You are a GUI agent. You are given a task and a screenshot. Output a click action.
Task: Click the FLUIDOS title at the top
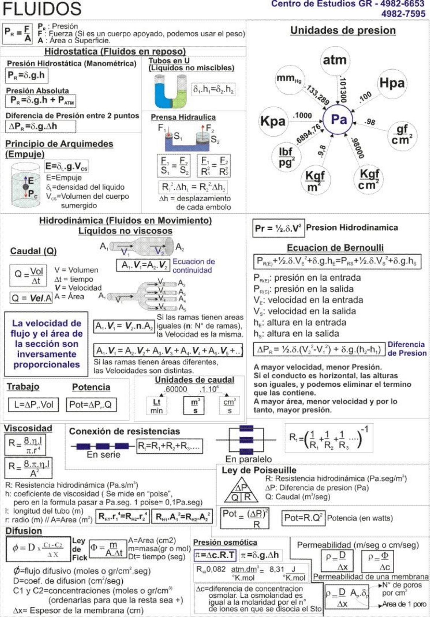click(42, 9)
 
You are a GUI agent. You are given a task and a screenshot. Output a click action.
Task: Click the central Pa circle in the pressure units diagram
click(338, 120)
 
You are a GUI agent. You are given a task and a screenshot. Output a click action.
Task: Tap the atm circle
click(334, 60)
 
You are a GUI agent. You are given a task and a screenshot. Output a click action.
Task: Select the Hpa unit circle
click(392, 83)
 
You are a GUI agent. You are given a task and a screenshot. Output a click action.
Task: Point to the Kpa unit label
click(273, 121)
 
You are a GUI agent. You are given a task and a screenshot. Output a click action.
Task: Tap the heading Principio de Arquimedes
click(59, 144)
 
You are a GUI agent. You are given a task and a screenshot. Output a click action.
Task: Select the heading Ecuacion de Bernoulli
click(335, 248)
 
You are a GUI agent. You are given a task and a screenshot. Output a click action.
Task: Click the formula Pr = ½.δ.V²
click(278, 228)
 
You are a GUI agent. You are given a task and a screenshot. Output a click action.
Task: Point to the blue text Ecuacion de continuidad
click(194, 266)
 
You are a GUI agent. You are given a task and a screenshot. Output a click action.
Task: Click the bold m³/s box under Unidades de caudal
click(195, 406)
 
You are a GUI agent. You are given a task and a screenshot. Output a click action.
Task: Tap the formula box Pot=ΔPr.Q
click(91, 404)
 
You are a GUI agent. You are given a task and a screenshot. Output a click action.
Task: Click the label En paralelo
click(248, 459)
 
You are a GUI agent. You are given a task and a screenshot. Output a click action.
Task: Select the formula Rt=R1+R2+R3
click(169, 446)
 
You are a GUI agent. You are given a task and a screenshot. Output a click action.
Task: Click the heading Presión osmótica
click(225, 542)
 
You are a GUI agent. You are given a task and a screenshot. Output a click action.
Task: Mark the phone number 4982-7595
click(403, 14)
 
